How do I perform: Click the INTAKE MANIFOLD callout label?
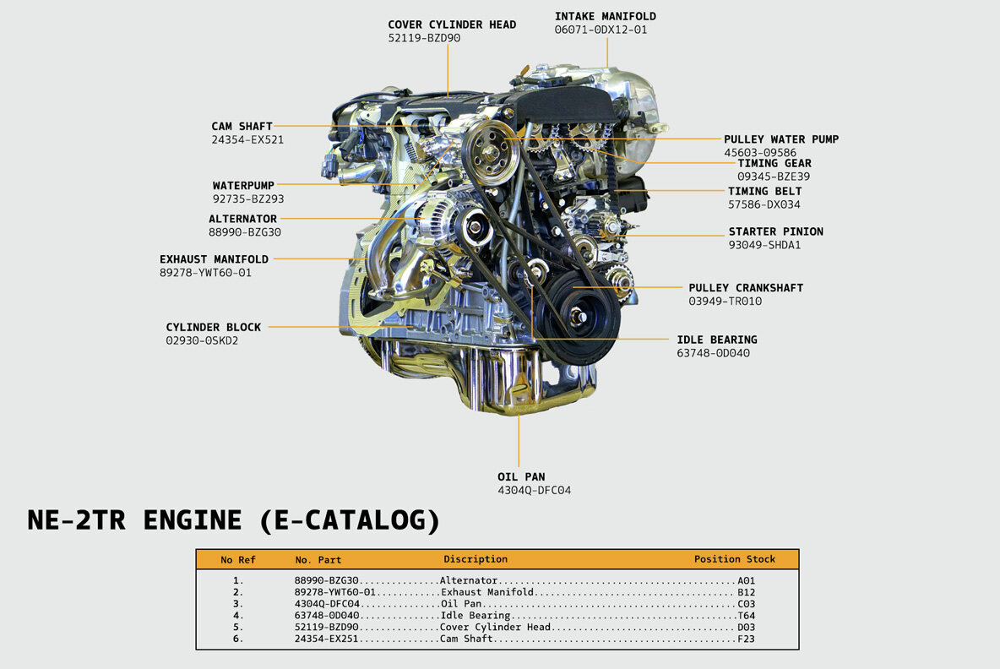pyautogui.click(x=605, y=16)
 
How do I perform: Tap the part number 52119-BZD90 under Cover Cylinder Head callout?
pyautogui.click(x=424, y=38)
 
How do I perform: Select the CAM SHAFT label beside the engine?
pyautogui.click(x=242, y=127)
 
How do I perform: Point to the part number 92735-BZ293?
pyautogui.click(x=248, y=199)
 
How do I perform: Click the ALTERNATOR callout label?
pyautogui.click(x=242, y=219)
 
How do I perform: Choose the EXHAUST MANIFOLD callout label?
pyautogui.click(x=214, y=259)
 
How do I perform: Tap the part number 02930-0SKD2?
pyautogui.click(x=202, y=340)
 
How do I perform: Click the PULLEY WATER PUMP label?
pyautogui.click(x=781, y=139)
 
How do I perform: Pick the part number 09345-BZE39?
pyautogui.click(x=774, y=177)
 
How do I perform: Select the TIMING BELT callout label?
pyautogui.click(x=764, y=191)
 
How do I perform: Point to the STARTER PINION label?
pyautogui.click(x=775, y=231)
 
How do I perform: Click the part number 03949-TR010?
pyautogui.click(x=725, y=301)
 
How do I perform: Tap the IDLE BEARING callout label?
pyautogui.click(x=716, y=340)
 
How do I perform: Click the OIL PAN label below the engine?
pyautogui.click(x=521, y=476)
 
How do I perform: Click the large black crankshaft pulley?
pyautogui.click(x=578, y=314)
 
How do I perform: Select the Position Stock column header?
pyautogui.click(x=735, y=559)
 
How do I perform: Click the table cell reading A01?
pyautogui.click(x=746, y=581)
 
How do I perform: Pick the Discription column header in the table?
pyautogui.click(x=476, y=559)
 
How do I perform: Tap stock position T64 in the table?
pyautogui.click(x=746, y=616)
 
